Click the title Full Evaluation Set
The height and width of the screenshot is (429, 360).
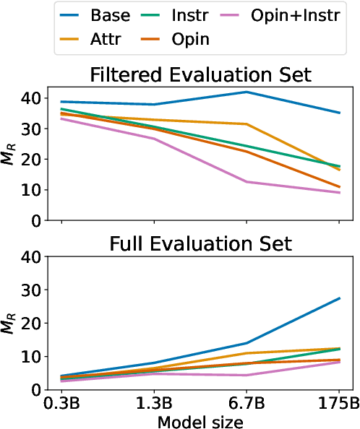[x=200, y=243]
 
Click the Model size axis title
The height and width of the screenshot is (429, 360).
[x=200, y=420]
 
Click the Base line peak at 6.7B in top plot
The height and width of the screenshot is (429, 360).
[x=247, y=92]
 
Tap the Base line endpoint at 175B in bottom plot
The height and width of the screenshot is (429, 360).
[x=340, y=298]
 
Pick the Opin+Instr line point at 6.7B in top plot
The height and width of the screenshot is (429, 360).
[x=247, y=181]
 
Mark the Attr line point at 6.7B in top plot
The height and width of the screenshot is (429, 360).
[x=247, y=124]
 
